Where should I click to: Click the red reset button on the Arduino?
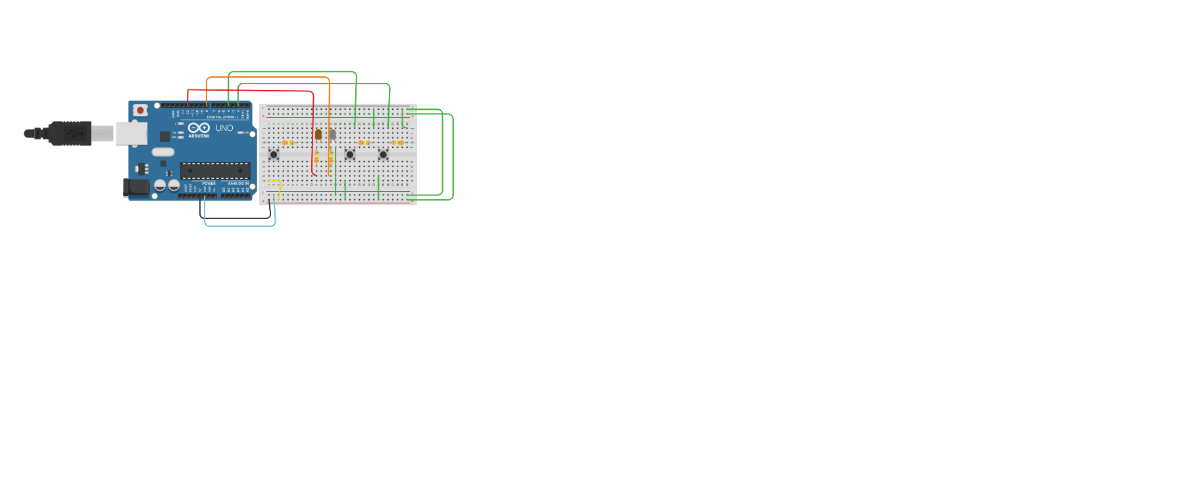point(139,110)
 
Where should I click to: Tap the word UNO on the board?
point(224,128)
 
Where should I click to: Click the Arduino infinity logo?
point(199,128)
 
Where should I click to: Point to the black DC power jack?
point(136,188)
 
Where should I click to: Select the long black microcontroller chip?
point(215,171)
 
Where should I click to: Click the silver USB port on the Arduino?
point(131,133)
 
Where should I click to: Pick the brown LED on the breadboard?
point(318,134)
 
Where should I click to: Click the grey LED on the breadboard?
point(332,134)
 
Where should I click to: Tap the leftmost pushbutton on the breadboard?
point(274,155)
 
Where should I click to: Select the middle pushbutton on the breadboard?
point(350,155)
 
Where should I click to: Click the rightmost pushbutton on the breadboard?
point(383,155)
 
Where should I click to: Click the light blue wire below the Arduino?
point(240,226)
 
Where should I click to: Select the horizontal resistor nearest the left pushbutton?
point(287,142)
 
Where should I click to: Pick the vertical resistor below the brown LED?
point(316,157)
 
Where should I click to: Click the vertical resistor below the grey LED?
point(330,157)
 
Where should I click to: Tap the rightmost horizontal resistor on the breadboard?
point(397,142)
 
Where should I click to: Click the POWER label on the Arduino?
point(209,183)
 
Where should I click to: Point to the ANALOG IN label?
point(238,183)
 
